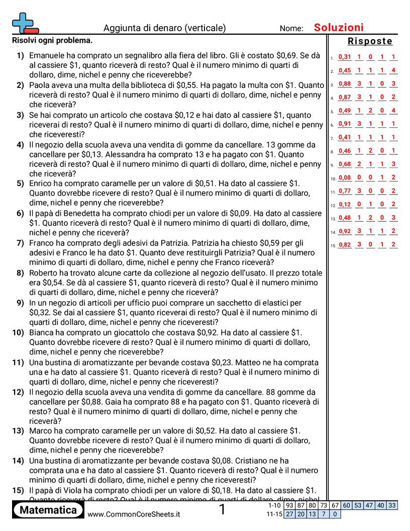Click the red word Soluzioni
[339, 28]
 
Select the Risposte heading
[370, 41]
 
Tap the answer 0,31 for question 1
[345, 57]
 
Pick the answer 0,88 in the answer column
[345, 83]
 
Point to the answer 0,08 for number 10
[345, 177]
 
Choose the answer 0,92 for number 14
[345, 231]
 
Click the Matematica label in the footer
[48, 510]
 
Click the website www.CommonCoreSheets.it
[134, 514]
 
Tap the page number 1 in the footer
[223, 510]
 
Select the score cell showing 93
[289, 505]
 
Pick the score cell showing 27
[289, 514]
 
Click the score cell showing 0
[335, 514]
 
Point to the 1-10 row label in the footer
[274, 505]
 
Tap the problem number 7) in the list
[20, 243]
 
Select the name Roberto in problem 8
[44, 273]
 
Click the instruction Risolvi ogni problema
[52, 40]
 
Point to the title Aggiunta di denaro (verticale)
[165, 28]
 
